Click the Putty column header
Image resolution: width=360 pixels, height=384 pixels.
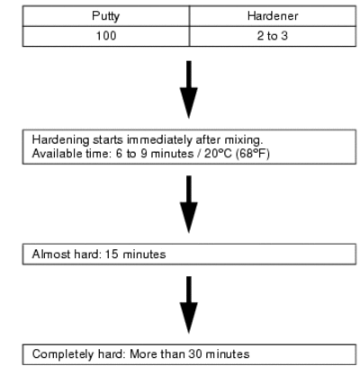pyautogui.click(x=106, y=16)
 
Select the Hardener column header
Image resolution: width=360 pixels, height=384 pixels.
pyautogui.click(x=273, y=16)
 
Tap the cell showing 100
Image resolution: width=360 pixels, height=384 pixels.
pyautogui.click(x=106, y=36)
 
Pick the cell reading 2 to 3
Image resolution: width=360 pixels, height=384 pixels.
pyautogui.click(x=273, y=36)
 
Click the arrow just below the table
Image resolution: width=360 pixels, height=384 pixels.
pyautogui.click(x=189, y=89)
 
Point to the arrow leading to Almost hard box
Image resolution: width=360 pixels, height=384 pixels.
pyautogui.click(x=189, y=204)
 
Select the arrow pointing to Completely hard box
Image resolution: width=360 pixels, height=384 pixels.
pyautogui.click(x=189, y=305)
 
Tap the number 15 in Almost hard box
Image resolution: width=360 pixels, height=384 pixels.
pyautogui.click(x=112, y=255)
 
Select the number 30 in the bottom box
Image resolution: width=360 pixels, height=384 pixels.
pyautogui.click(x=195, y=354)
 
